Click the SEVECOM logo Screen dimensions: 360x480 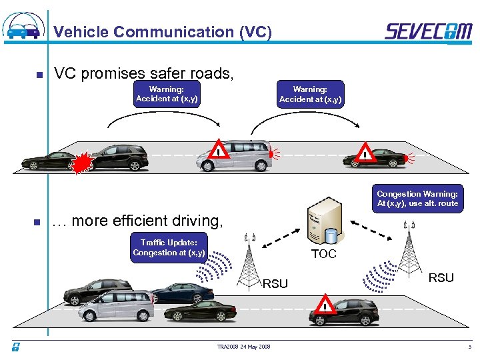click(x=428, y=31)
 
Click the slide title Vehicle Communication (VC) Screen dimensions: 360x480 click(x=162, y=32)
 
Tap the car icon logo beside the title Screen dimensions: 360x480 click(x=25, y=27)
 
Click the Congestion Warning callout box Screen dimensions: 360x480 click(x=417, y=199)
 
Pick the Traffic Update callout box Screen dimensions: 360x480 click(x=169, y=247)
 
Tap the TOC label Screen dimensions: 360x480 click(x=324, y=254)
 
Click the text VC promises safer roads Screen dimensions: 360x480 click(x=143, y=73)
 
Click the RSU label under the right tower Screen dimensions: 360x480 click(x=441, y=277)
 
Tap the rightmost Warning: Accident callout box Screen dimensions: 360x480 click(x=310, y=94)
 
